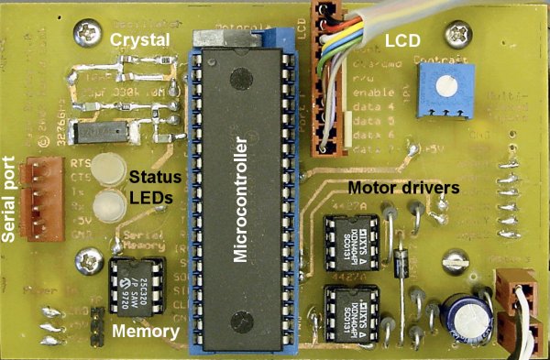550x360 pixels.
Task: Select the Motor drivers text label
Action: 403,189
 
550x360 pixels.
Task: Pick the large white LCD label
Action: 404,41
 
